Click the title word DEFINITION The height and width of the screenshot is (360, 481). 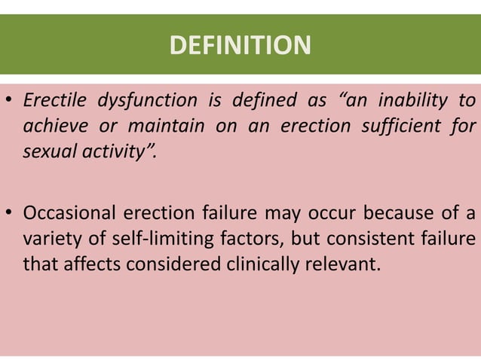pos(240,46)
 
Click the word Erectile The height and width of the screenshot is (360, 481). pos(54,100)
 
